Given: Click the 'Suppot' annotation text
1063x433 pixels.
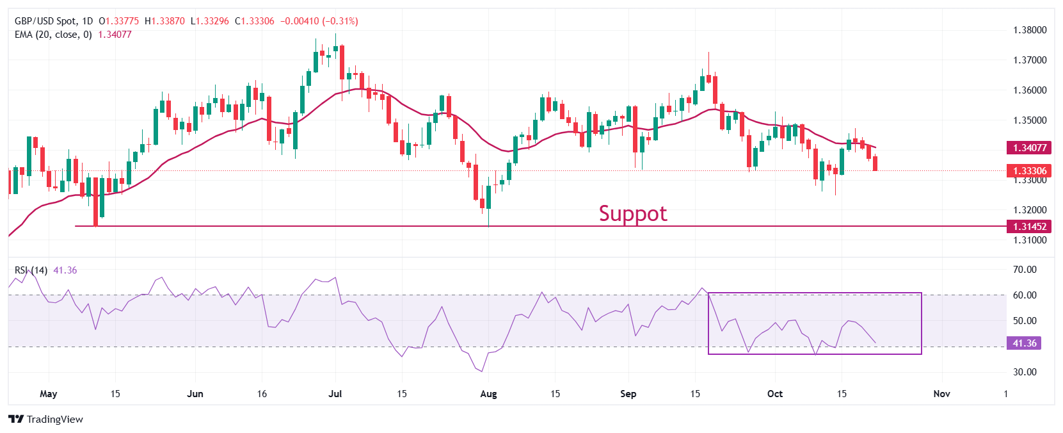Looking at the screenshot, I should [x=633, y=213].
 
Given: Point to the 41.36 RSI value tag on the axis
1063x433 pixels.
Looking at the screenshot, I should [x=1024, y=343].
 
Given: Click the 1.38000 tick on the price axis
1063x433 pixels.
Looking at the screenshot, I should [x=1030, y=30].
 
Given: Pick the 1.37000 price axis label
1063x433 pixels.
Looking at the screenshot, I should [x=1030, y=60].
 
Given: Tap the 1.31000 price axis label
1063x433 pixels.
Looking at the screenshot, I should [x=1030, y=240].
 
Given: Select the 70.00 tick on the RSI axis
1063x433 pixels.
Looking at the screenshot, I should [x=1025, y=270].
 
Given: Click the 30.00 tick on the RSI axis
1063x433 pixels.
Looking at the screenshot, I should [x=1025, y=372].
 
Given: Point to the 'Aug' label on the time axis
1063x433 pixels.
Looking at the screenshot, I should [x=488, y=394].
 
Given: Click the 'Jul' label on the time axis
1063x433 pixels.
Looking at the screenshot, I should [x=335, y=394].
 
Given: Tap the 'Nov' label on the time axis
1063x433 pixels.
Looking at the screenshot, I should [x=941, y=394].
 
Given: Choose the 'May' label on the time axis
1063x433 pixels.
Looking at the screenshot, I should [x=48, y=394].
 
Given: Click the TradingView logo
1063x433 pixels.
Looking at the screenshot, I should [x=46, y=420].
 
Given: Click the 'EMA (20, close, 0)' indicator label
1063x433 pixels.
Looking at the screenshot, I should [x=53, y=35].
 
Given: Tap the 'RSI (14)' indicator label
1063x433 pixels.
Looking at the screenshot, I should [x=31, y=270].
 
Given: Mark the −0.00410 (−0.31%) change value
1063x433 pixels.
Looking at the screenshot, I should [x=319, y=21].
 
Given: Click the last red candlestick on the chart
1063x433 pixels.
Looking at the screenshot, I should [x=875, y=163].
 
